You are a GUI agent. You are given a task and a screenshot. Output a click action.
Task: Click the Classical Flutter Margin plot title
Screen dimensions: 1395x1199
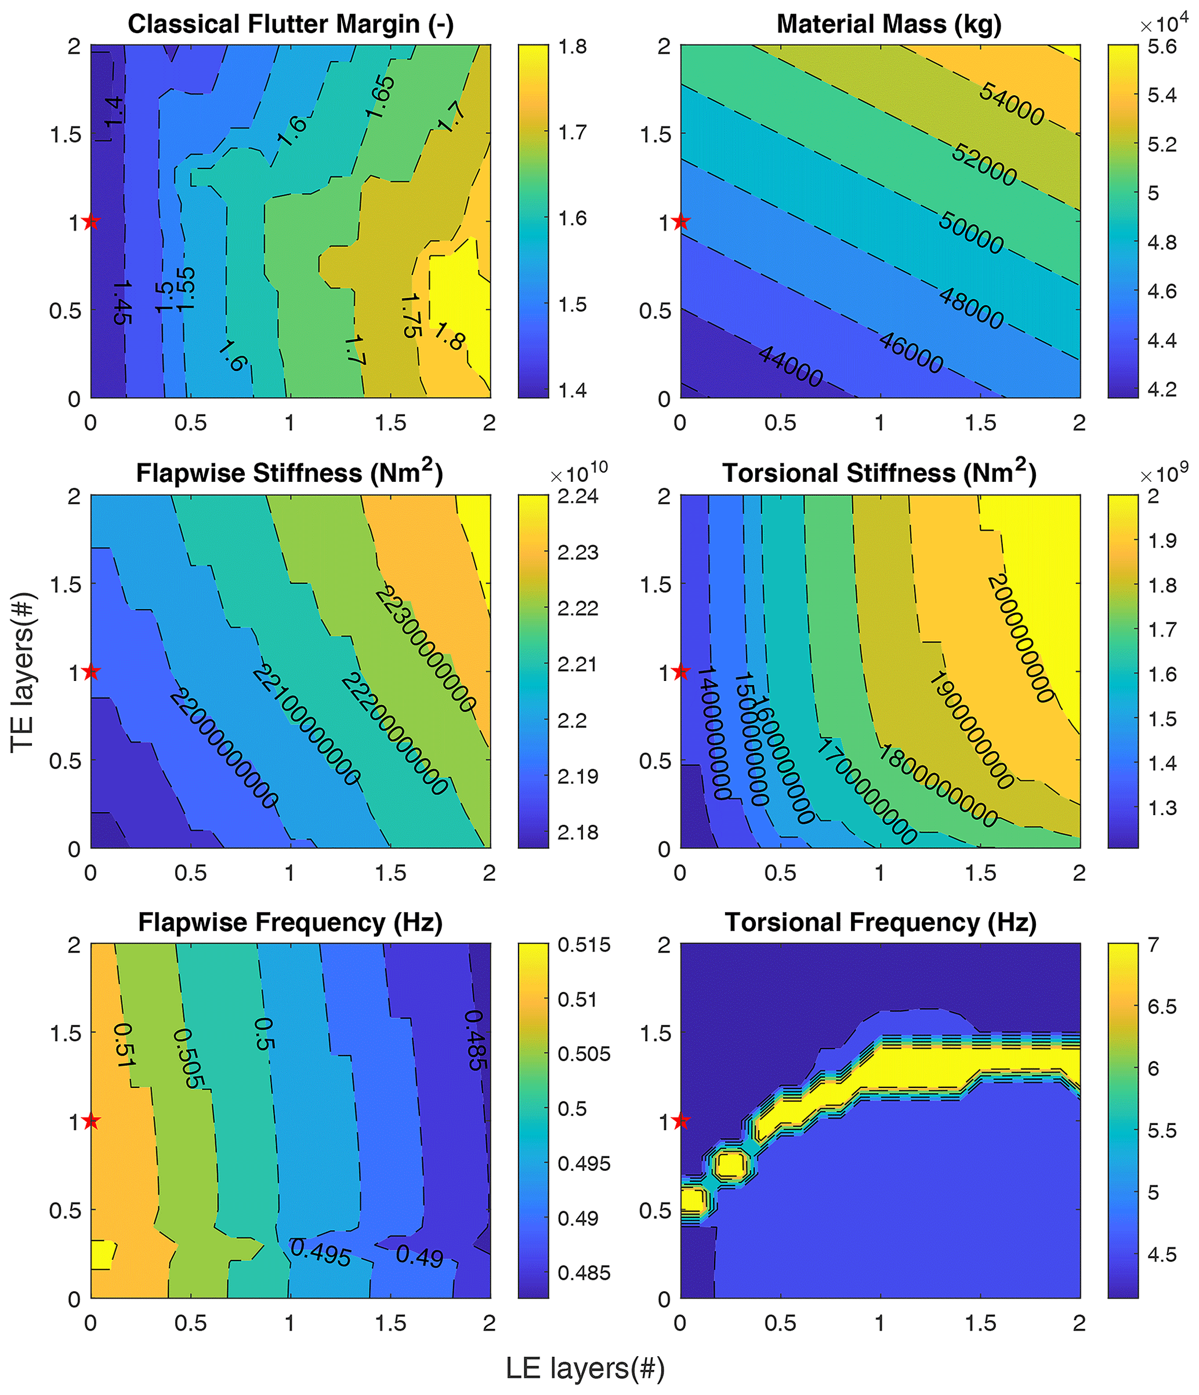[291, 24]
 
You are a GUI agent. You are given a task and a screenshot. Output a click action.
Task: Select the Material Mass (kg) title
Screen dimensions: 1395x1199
[889, 24]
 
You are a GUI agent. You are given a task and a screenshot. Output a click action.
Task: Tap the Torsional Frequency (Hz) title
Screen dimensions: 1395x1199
[880, 922]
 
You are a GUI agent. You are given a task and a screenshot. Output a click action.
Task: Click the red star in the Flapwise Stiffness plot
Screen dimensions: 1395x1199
[92, 671]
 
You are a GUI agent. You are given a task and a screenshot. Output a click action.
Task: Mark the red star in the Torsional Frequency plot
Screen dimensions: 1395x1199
[681, 1120]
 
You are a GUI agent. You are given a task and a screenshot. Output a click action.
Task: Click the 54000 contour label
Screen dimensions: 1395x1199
[1010, 104]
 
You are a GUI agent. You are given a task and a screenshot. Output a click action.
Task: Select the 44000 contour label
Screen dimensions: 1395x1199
[791, 366]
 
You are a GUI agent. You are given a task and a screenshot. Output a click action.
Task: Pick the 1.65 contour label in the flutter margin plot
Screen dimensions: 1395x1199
[382, 98]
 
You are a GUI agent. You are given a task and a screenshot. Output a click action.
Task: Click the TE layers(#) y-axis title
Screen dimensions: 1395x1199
[22, 671]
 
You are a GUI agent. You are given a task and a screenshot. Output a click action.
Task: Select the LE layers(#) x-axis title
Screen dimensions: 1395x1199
[585, 1368]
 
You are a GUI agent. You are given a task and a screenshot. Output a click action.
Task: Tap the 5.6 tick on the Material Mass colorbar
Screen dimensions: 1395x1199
[1162, 47]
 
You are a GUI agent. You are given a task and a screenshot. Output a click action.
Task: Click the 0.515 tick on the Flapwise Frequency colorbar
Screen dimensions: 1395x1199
[584, 945]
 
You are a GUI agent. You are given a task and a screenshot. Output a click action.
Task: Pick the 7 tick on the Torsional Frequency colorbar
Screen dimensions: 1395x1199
[1153, 945]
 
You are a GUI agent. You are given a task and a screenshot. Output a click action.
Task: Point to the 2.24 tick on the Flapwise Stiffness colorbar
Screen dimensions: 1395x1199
[578, 496]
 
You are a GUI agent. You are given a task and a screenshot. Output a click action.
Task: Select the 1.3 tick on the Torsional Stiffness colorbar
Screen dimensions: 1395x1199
[1162, 808]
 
